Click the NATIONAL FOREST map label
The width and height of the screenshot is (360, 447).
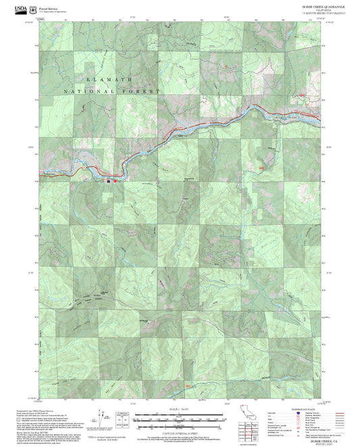[x=112, y=90]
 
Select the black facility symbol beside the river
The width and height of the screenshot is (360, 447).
[x=108, y=180]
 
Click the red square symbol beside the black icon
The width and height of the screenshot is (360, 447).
[x=114, y=180]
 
